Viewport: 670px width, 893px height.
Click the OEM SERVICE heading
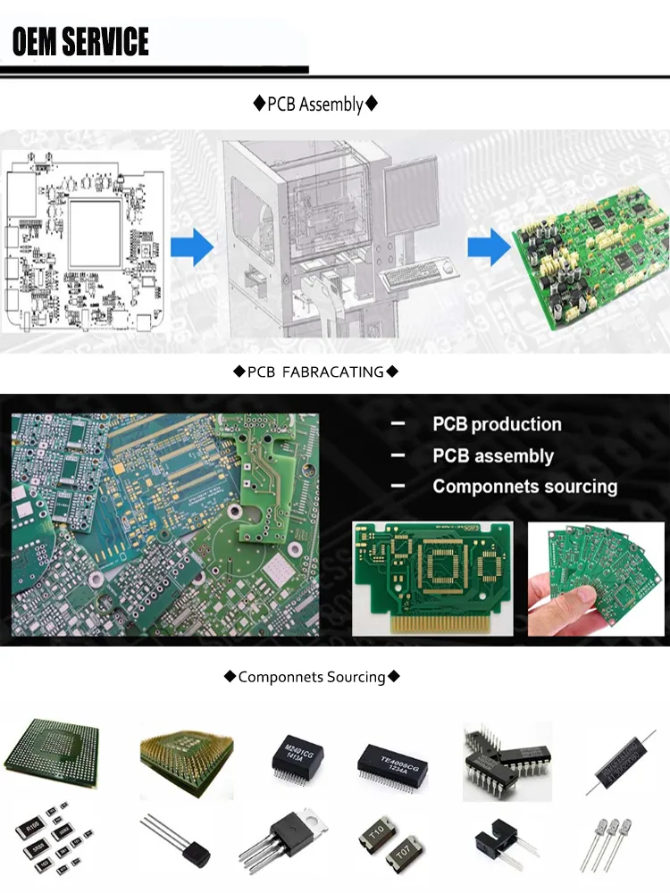click(80, 41)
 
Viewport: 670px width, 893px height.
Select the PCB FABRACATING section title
click(315, 371)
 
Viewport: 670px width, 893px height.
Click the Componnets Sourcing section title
click(312, 677)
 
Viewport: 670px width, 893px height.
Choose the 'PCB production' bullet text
click(497, 425)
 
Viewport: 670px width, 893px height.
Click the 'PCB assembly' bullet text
click(493, 456)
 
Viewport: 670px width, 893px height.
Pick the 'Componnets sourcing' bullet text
click(524, 487)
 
